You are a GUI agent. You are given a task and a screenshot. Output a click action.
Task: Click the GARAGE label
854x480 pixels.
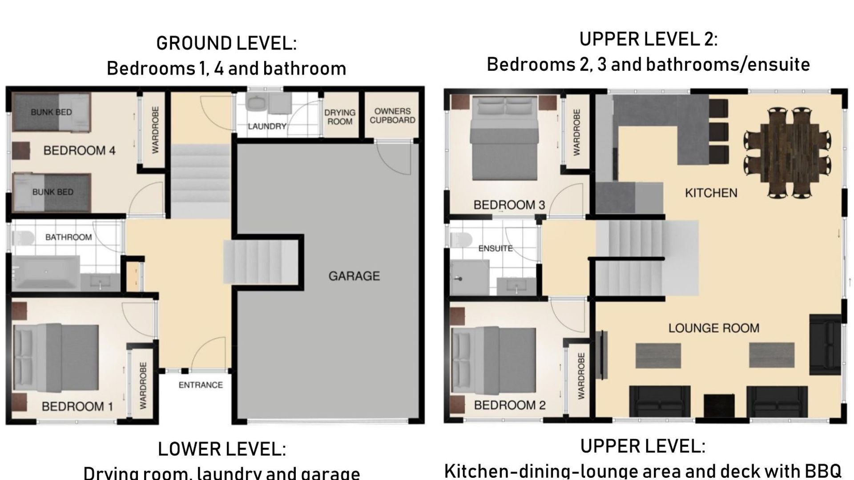pyautogui.click(x=354, y=276)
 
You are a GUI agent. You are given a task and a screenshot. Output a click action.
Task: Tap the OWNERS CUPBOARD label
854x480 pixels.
pyautogui.click(x=392, y=116)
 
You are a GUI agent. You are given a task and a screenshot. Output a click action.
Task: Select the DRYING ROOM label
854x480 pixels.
pyautogui.click(x=340, y=117)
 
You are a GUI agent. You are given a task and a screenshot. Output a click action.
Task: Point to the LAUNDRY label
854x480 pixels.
pyautogui.click(x=267, y=126)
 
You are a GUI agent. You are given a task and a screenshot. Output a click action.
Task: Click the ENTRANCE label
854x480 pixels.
pyautogui.click(x=201, y=385)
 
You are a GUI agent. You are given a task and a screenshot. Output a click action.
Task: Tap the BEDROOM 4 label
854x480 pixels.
pyautogui.click(x=79, y=151)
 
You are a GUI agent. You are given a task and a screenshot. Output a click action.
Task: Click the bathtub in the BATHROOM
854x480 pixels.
pyautogui.click(x=46, y=272)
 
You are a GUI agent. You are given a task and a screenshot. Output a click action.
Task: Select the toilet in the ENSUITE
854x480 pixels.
pyautogui.click(x=461, y=240)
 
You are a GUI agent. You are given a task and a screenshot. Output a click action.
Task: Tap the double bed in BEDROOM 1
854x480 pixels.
pyautogui.click(x=56, y=358)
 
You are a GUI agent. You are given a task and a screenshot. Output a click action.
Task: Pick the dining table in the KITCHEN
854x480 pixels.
pyautogui.click(x=788, y=153)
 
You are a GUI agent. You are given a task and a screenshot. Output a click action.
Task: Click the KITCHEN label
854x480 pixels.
pyautogui.click(x=711, y=193)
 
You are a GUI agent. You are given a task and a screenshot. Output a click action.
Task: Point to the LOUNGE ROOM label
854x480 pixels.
pyautogui.click(x=714, y=328)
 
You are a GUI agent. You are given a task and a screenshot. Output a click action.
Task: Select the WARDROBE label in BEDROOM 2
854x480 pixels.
pyautogui.click(x=581, y=376)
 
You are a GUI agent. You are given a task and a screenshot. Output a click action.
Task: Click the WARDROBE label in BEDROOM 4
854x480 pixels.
pyautogui.click(x=155, y=130)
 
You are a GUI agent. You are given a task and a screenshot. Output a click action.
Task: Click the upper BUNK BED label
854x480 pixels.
pyautogui.click(x=51, y=112)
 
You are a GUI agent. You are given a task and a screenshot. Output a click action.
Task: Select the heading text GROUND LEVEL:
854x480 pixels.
pyautogui.click(x=226, y=44)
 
